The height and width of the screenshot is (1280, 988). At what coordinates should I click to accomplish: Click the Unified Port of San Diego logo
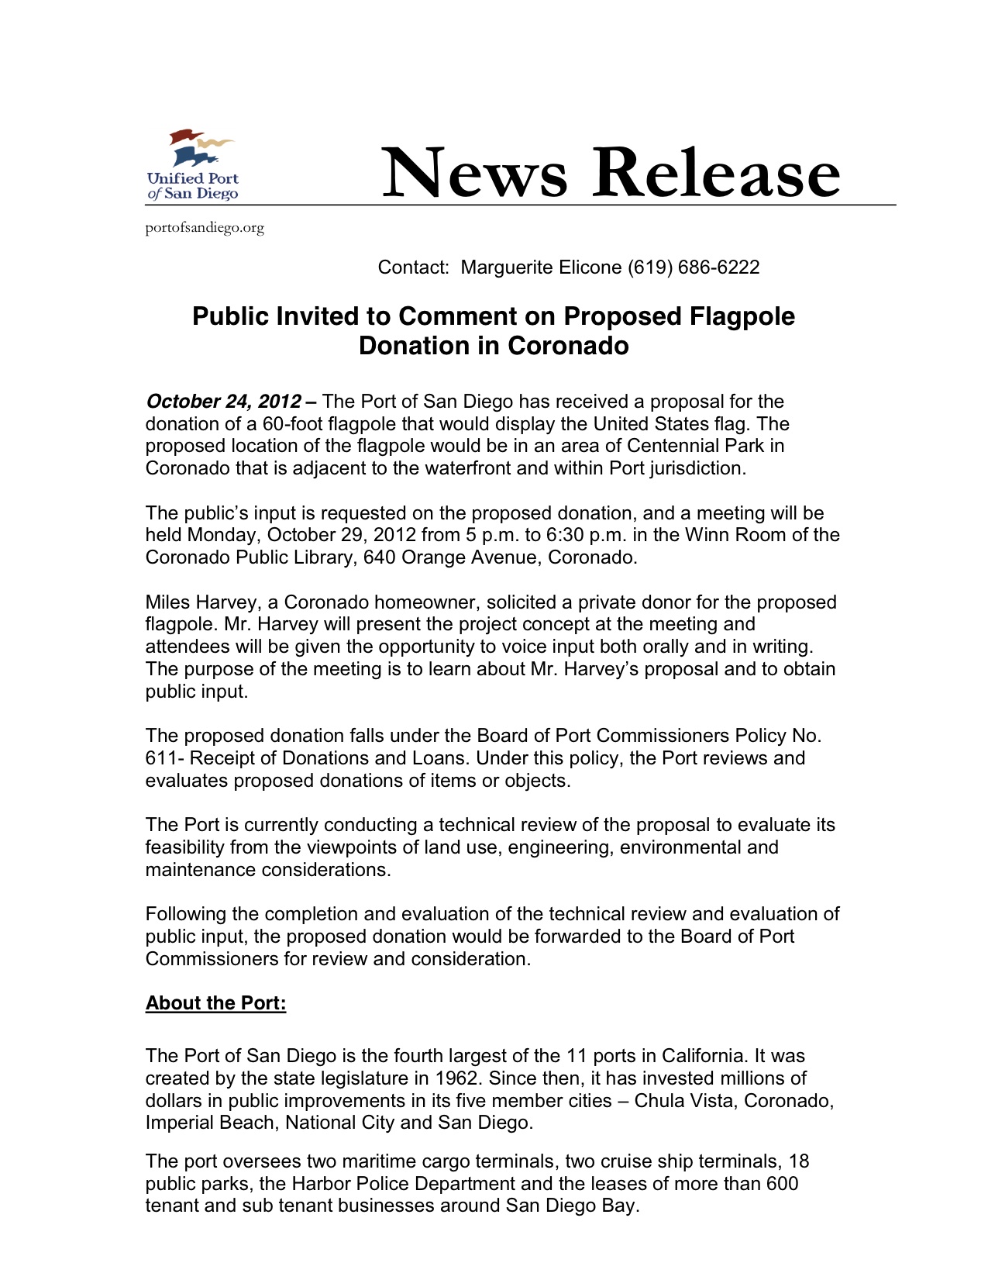click(x=193, y=165)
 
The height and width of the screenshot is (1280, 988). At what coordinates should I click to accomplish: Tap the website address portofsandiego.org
click(x=205, y=228)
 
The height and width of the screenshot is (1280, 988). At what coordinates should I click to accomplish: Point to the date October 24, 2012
click(x=223, y=402)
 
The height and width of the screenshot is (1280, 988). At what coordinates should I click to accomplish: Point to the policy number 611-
click(x=164, y=758)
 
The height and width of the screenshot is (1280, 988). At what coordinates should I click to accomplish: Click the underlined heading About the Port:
click(x=215, y=1003)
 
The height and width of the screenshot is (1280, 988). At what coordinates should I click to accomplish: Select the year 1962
click(x=456, y=1078)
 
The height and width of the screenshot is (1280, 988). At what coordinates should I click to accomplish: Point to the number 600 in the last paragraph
click(x=782, y=1184)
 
